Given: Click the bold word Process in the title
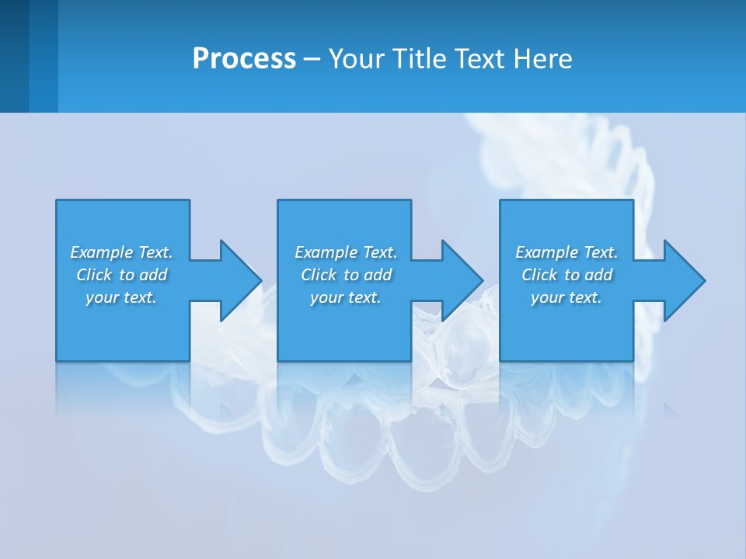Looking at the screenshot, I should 244,59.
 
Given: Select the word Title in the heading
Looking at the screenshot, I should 418,59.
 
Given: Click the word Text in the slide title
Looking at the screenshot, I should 479,59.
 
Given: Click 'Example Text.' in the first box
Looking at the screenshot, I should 121,252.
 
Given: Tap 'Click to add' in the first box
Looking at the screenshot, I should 121,275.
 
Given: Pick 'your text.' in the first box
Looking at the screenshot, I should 121,297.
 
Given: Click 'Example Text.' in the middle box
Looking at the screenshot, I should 346,252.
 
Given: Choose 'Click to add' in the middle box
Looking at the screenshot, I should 346,275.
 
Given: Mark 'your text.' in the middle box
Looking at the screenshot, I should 346,297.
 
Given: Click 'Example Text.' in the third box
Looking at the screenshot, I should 566,252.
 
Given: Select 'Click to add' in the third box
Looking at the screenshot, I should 566,275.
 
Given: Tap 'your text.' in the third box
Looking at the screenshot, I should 566,297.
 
